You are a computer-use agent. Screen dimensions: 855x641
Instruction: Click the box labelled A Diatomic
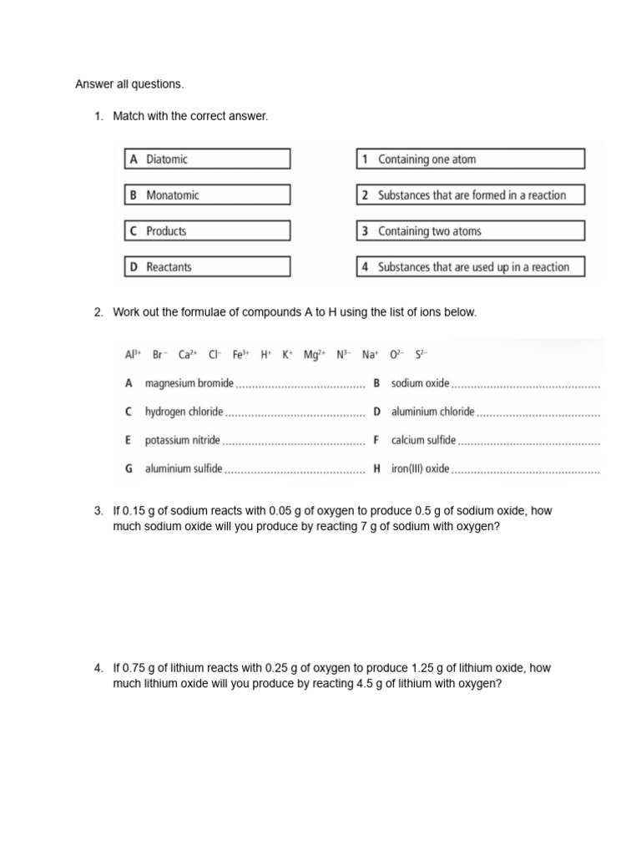coord(207,159)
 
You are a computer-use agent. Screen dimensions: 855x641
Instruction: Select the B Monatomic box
coord(207,195)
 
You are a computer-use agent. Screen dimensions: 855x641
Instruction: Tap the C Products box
coord(207,230)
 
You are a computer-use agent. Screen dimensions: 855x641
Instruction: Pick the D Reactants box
coord(207,266)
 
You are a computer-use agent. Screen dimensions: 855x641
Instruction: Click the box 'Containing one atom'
coord(470,159)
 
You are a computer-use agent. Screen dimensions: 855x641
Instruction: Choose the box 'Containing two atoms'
coord(470,230)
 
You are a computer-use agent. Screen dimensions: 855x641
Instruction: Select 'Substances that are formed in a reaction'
coord(470,195)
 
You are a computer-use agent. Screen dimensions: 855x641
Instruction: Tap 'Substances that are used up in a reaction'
coord(470,266)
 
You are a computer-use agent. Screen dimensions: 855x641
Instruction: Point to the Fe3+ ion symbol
coord(241,354)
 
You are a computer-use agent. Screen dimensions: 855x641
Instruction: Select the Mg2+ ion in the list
coord(314,354)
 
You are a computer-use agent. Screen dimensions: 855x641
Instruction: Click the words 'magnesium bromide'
coord(189,383)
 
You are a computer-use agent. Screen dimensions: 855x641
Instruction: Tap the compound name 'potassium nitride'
coord(183,440)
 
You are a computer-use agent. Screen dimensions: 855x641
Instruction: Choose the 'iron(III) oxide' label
coord(420,468)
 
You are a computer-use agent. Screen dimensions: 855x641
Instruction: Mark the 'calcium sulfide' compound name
coord(424,440)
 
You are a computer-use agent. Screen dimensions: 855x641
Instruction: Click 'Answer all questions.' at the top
coord(129,84)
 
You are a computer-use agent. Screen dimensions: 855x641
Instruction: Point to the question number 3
coord(98,511)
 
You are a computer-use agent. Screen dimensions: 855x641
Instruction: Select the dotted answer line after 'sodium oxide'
coord(526,384)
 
